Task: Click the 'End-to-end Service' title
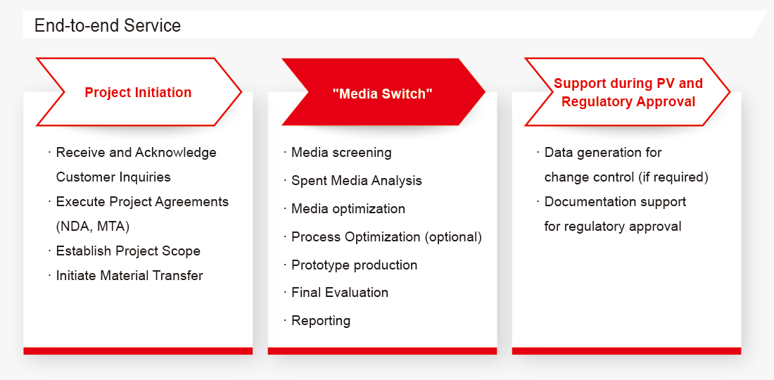[x=108, y=25]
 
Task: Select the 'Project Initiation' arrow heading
[x=138, y=92]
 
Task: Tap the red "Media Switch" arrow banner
[x=383, y=92]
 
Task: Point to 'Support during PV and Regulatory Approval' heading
[x=628, y=92]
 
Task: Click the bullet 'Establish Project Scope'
[x=128, y=251]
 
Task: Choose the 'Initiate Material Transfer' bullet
[x=129, y=275]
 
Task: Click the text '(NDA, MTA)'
[x=92, y=227]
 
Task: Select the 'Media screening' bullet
[x=341, y=153]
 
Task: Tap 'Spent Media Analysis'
[x=357, y=181]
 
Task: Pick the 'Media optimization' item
[x=348, y=209]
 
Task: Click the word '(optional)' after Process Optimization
[x=453, y=237]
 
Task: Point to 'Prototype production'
[x=355, y=265]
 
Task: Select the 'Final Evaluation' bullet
[x=340, y=293]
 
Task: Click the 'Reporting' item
[x=321, y=321]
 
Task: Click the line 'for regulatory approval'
[x=613, y=227]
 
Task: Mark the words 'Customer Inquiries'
[x=113, y=177]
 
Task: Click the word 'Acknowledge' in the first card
[x=176, y=153]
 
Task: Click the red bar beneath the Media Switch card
[x=382, y=351]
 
